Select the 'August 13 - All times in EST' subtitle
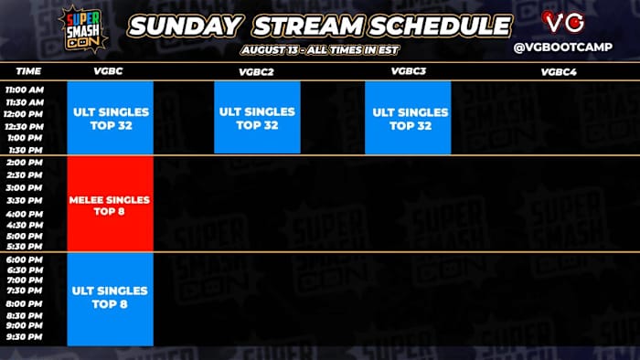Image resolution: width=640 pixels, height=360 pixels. click(x=319, y=48)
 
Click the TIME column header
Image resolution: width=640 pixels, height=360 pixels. click(x=28, y=70)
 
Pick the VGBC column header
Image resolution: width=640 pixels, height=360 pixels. click(x=109, y=70)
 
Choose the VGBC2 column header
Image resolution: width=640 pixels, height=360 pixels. click(x=257, y=70)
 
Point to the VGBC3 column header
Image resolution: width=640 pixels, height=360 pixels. click(x=407, y=70)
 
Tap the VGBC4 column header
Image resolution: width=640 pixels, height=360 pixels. click(x=557, y=70)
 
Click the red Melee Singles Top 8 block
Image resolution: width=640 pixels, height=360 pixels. click(x=110, y=205)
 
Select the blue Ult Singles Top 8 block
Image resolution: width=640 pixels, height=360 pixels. click(x=110, y=299)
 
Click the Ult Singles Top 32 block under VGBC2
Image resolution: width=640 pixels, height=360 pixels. click(x=257, y=118)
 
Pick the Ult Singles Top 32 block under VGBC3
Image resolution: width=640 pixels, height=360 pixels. click(x=408, y=118)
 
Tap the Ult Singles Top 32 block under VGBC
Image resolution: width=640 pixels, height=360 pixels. click(x=110, y=118)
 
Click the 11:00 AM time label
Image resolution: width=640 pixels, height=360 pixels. click(x=25, y=91)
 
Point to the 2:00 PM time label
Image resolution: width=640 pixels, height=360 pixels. click(x=25, y=163)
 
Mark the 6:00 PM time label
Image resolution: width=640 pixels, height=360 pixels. click(x=25, y=259)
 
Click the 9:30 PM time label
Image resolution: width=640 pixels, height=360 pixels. click(x=25, y=337)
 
